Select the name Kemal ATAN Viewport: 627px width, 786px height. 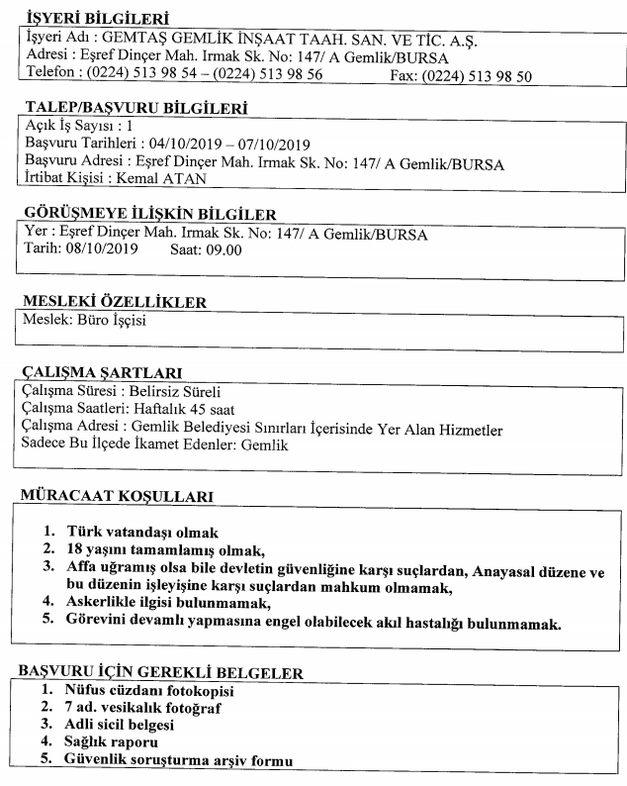(x=155, y=179)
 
